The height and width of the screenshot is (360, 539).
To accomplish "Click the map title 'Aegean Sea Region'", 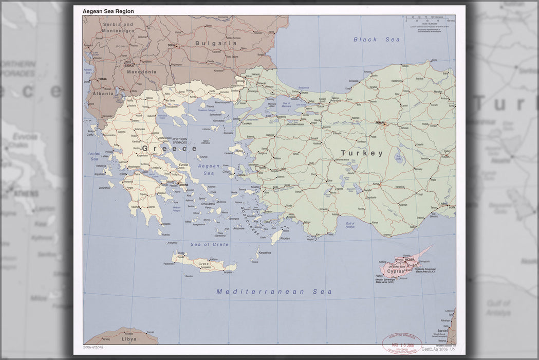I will coord(108,11).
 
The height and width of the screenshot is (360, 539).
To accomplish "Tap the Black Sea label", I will coord(377,40).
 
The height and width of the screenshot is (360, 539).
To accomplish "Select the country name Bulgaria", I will coord(216,44).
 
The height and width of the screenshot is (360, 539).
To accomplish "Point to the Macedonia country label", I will coord(141,72).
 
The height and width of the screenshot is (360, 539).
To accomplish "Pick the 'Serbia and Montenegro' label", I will coord(118,27).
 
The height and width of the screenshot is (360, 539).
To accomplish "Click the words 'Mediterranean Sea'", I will coord(274,292).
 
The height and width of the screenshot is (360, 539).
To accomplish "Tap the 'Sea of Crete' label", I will coord(210,244).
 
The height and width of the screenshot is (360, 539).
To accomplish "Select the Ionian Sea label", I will coord(94,156).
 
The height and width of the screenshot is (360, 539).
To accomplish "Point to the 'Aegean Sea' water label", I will coord(209,170).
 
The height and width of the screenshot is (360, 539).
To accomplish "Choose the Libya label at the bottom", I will coord(129,339).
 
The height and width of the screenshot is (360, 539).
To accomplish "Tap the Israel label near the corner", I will coord(443,330).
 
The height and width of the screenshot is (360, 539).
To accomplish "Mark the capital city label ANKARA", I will coord(380,122).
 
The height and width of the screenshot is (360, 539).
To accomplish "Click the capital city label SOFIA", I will coord(171,45).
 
